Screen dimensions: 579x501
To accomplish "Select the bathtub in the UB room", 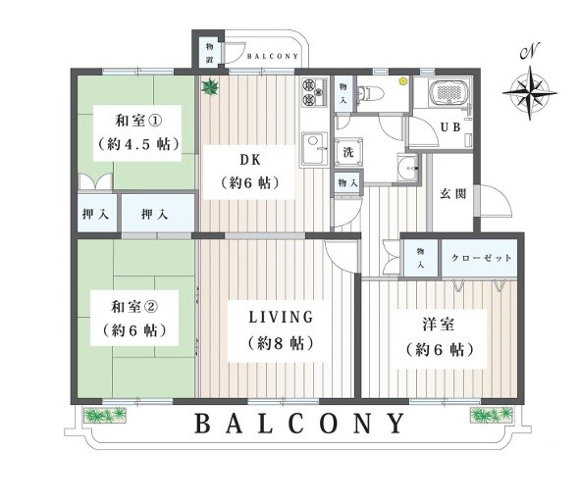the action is pyautogui.click(x=449, y=91).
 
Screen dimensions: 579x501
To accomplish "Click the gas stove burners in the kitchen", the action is pyautogui.click(x=315, y=92).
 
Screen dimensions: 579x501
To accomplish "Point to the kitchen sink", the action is pyautogui.click(x=315, y=149).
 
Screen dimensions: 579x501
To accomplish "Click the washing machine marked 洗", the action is pyautogui.click(x=348, y=152).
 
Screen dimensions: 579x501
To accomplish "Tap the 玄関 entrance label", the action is pyautogui.click(x=452, y=194).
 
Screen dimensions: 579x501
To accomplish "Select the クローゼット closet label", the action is pyautogui.click(x=481, y=258).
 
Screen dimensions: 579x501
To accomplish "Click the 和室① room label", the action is pyautogui.click(x=138, y=121).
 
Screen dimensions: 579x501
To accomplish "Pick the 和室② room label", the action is pyautogui.click(x=134, y=307).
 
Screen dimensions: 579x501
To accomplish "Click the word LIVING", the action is pyautogui.click(x=281, y=318).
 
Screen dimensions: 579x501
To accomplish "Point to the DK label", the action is pyautogui.click(x=250, y=160).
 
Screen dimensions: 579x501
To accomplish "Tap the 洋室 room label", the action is pyautogui.click(x=438, y=325).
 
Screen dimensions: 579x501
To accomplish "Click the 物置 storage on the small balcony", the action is pyautogui.click(x=210, y=53).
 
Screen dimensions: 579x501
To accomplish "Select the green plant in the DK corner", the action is pyautogui.click(x=210, y=88).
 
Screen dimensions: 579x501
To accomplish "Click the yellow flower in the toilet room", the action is pyautogui.click(x=402, y=80).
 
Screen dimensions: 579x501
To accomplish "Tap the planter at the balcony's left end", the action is pyautogui.click(x=105, y=415).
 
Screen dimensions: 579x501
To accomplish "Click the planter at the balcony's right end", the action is pyautogui.click(x=492, y=415).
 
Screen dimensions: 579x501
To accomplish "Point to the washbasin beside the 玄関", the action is pyautogui.click(x=407, y=168).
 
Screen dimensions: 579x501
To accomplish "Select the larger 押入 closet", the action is pyautogui.click(x=158, y=213).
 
